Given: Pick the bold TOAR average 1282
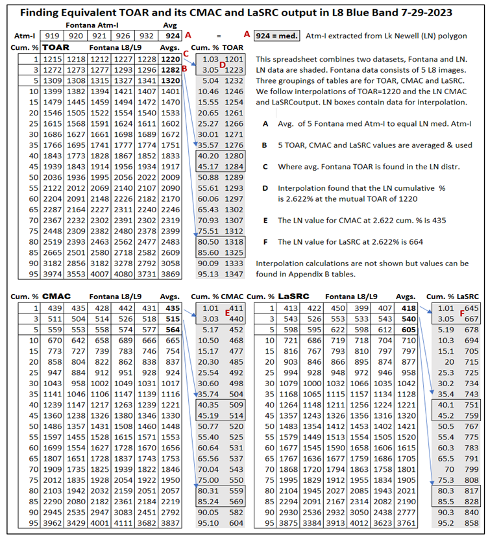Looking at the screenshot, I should pyautogui.click(x=170, y=69).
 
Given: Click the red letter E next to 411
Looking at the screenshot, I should pyautogui.click(x=226, y=312).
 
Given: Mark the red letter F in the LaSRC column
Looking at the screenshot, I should pyautogui.click(x=462, y=313).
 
